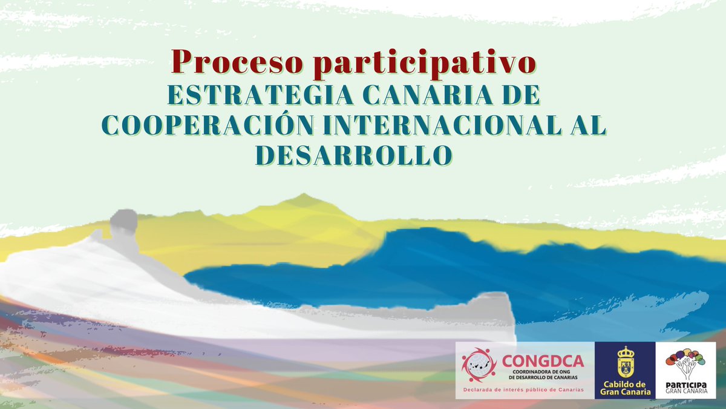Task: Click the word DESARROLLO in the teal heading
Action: click(x=353, y=154)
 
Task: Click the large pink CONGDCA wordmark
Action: click(x=543, y=362)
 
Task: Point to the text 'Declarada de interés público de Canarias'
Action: click(x=523, y=390)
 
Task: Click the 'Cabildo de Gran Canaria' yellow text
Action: click(x=625, y=388)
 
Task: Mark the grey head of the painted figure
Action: click(x=123, y=222)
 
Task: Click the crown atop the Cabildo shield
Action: click(x=626, y=351)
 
